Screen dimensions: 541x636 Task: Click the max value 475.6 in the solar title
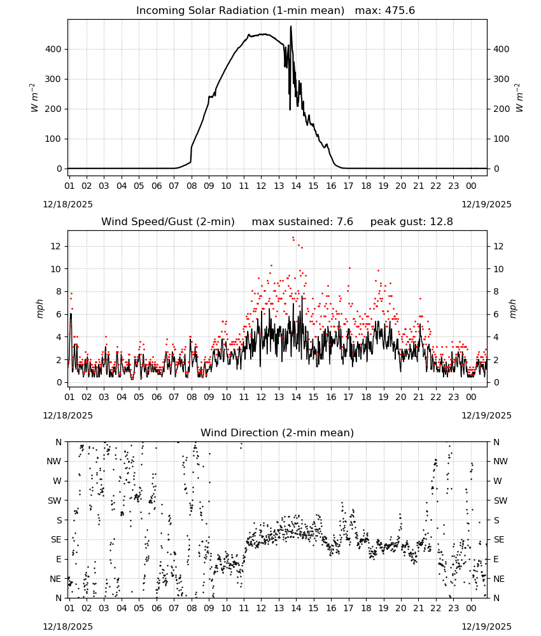pyautogui.click(x=400, y=11)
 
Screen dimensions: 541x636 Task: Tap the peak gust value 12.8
pyautogui.click(x=441, y=222)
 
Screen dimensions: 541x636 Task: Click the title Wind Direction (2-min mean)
pyautogui.click(x=278, y=432)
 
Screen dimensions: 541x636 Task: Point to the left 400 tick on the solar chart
pyautogui.click(x=53, y=49)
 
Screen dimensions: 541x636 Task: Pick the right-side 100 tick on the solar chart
pyautogui.click(x=502, y=139)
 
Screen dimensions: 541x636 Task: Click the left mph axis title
pyautogui.click(x=39, y=308)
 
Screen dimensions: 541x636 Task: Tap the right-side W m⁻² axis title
pyautogui.click(x=519, y=98)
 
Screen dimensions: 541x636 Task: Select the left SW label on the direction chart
pyautogui.click(x=55, y=501)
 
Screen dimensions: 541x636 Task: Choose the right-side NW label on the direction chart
pyautogui.click(x=500, y=461)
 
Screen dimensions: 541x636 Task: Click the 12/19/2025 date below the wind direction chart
pyautogui.click(x=486, y=626)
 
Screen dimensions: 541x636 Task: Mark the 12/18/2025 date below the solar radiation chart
pyautogui.click(x=67, y=204)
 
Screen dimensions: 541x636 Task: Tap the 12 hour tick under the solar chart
pyautogui.click(x=261, y=186)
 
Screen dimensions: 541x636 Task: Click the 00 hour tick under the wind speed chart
pyautogui.click(x=471, y=397)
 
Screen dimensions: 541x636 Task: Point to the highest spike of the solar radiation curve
pyautogui.click(x=291, y=26)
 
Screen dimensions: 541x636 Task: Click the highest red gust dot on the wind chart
pyautogui.click(x=293, y=238)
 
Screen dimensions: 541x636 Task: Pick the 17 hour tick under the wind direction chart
pyautogui.click(x=348, y=608)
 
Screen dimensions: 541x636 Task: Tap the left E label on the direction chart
pyautogui.click(x=59, y=559)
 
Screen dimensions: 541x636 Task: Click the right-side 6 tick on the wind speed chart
pyautogui.click(x=496, y=314)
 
